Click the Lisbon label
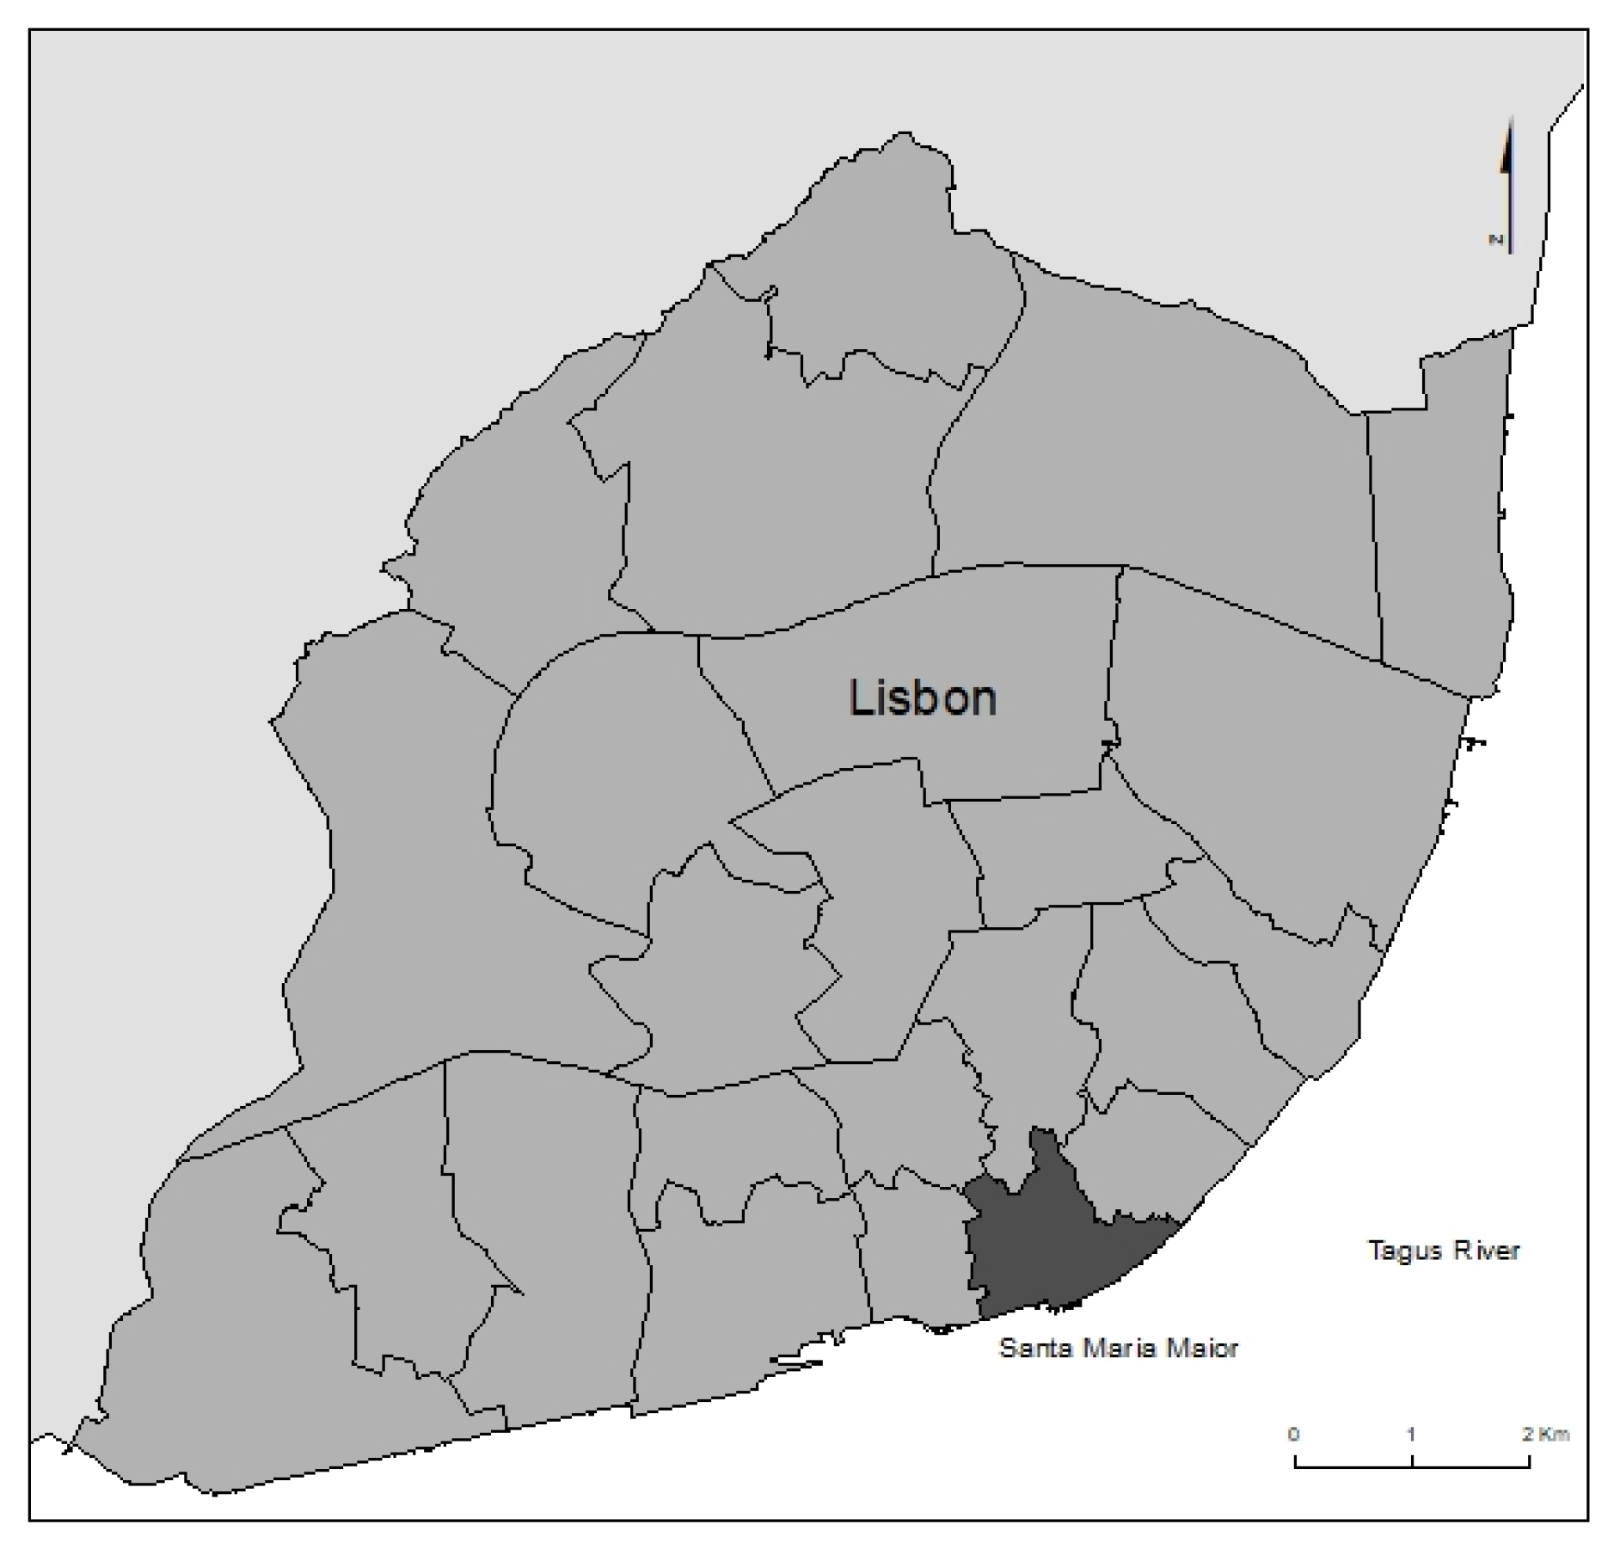(922, 698)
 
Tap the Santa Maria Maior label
(1118, 1348)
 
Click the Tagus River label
(1444, 1251)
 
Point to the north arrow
(1508, 185)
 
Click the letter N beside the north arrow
(1496, 240)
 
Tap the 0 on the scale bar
(1293, 1435)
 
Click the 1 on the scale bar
(1411, 1435)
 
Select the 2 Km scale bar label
(1545, 1435)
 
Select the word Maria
(1117, 1348)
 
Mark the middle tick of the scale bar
(1412, 1460)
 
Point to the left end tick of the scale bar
(1296, 1460)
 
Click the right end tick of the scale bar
(1529, 1460)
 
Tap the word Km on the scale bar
(1556, 1435)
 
